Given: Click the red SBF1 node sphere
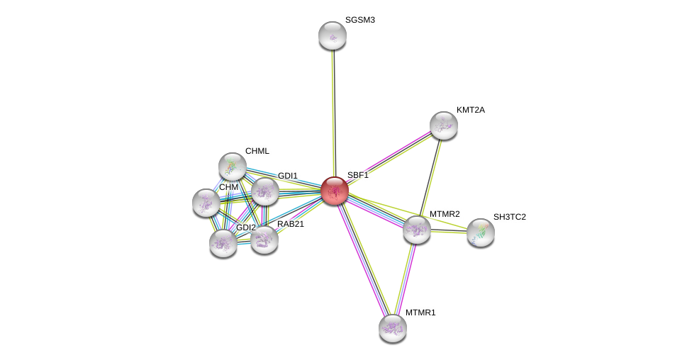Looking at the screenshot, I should tap(334, 191).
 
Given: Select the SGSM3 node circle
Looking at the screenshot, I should tap(332, 35).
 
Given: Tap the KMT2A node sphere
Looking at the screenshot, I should tap(443, 125).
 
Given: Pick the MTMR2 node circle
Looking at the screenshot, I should tap(416, 230).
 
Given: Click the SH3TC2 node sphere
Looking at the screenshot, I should tap(480, 232).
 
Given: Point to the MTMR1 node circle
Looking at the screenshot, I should tap(392, 327).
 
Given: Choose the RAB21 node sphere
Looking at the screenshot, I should tap(264, 240).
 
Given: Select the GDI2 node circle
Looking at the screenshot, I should tap(223, 243).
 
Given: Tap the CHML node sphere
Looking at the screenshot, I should tap(232, 167).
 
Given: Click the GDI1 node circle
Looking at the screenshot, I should tap(265, 191).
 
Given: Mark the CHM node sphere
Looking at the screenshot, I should tap(206, 203).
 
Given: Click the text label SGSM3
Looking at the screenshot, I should tap(359, 20).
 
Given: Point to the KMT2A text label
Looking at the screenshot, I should tap(470, 110).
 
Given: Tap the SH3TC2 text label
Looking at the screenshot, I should tap(509, 217).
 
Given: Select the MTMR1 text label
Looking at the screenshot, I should tap(420, 313).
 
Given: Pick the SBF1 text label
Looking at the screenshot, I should tap(357, 175).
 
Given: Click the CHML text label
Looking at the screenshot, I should tap(257, 151).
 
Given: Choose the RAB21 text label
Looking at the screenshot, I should tap(290, 224).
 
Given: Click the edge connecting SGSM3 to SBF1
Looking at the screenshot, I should tap(333, 113).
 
